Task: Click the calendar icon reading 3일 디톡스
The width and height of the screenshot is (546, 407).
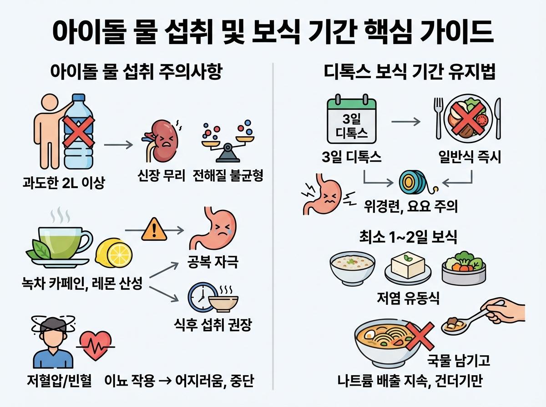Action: point(351,119)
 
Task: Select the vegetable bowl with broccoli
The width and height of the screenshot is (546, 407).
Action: point(462,268)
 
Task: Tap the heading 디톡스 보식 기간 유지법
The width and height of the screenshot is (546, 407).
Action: point(410,72)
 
